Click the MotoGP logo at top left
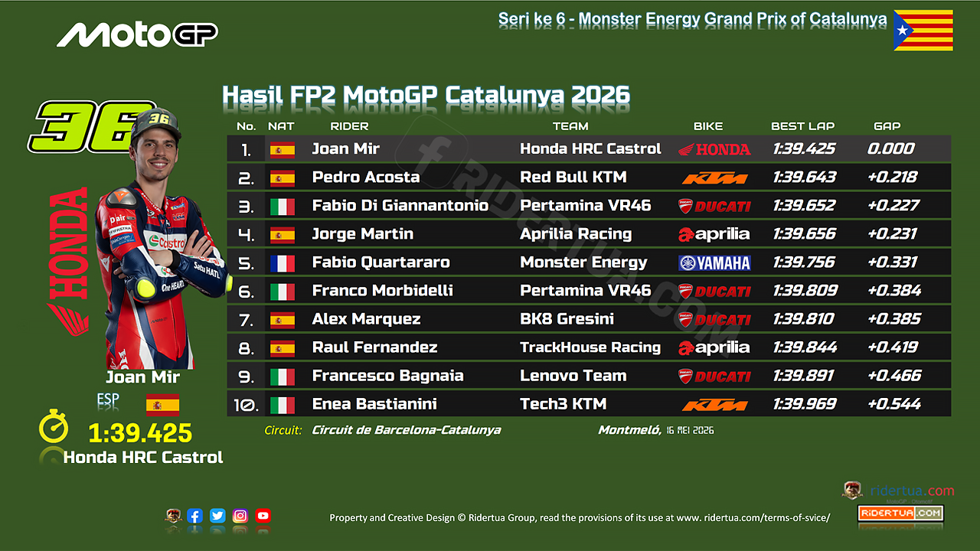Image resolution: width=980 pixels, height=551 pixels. (137, 34)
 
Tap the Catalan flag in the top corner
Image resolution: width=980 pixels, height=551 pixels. (923, 30)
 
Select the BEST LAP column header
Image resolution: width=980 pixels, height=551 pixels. (803, 126)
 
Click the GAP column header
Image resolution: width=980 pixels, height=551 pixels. (887, 126)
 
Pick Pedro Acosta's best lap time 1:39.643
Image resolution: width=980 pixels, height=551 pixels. (804, 177)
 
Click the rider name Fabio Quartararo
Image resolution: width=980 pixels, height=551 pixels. (381, 262)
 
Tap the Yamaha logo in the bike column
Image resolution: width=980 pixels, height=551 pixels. (714, 262)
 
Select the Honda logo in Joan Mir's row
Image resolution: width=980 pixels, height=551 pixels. (714, 149)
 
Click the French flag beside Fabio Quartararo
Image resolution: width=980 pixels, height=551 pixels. (283, 263)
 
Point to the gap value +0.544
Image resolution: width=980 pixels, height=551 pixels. (894, 403)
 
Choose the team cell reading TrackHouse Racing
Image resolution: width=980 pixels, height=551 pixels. (590, 347)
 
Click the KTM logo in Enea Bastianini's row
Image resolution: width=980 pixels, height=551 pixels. (714, 406)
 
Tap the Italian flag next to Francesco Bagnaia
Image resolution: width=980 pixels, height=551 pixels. (283, 377)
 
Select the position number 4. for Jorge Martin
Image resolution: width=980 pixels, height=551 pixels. (246, 235)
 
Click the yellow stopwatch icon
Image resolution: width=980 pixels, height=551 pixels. (54, 426)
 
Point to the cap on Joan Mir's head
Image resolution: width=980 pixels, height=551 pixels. (155, 124)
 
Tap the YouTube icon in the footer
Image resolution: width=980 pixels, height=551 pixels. (263, 516)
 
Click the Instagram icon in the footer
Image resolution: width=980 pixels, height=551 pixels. (240, 516)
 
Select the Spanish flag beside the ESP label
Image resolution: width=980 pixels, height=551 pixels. (163, 405)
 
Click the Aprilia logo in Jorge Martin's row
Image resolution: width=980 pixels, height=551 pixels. (714, 234)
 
